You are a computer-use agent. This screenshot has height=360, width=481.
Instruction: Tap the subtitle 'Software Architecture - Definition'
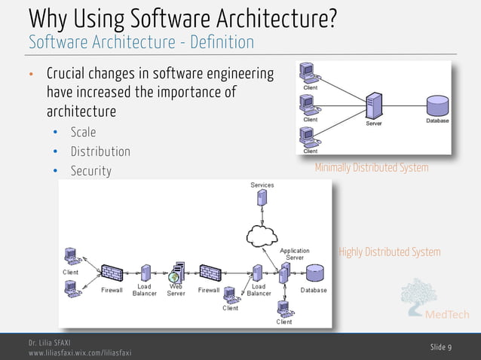(141, 42)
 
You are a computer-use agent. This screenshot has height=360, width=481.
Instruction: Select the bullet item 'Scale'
(83, 132)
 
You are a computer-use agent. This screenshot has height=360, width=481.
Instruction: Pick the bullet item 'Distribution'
(100, 151)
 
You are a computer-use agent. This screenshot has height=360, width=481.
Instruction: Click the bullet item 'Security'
(90, 171)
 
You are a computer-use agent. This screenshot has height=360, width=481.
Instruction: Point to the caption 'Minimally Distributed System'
(371, 168)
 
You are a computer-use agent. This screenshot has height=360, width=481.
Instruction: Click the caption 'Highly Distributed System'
(389, 252)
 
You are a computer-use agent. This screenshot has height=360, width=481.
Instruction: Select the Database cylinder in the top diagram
(437, 105)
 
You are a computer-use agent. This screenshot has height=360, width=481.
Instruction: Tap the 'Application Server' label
(295, 255)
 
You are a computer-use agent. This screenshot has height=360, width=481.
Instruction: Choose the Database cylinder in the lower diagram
(314, 273)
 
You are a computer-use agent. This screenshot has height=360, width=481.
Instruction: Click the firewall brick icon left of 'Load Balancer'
(112, 271)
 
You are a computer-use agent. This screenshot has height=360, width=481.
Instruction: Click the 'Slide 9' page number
(441, 346)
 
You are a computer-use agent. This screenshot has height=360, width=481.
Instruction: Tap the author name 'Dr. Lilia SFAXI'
(50, 343)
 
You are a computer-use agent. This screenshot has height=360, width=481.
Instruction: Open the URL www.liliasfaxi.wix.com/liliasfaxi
(80, 352)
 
